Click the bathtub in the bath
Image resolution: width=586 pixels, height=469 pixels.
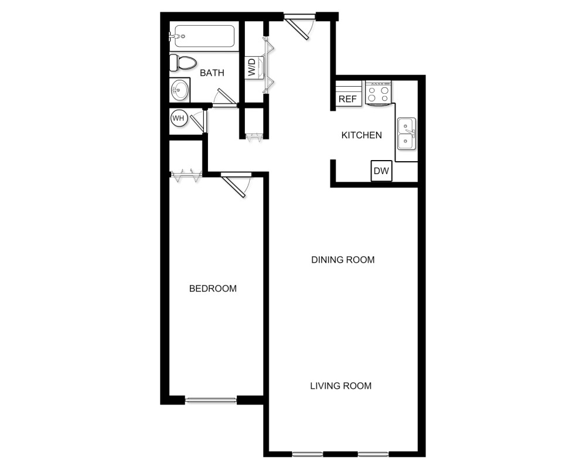(202, 36)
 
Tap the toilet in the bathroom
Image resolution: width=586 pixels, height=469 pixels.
(183, 62)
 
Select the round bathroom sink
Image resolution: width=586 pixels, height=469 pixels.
(179, 90)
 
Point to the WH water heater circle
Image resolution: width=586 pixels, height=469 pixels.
(178, 118)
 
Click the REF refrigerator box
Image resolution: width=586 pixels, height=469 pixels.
(347, 98)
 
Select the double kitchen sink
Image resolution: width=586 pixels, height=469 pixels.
(406, 134)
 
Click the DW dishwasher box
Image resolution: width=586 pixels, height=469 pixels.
(381, 171)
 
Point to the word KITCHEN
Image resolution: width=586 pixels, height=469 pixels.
(362, 135)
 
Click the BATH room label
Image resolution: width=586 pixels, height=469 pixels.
(212, 73)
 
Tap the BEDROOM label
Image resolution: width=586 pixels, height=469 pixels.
(213, 288)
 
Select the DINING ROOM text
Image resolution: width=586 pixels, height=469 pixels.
(343, 260)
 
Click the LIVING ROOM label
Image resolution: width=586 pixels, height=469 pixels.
(340, 386)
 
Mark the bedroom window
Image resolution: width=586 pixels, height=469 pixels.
(211, 400)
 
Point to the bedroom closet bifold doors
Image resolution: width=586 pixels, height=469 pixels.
(186, 174)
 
